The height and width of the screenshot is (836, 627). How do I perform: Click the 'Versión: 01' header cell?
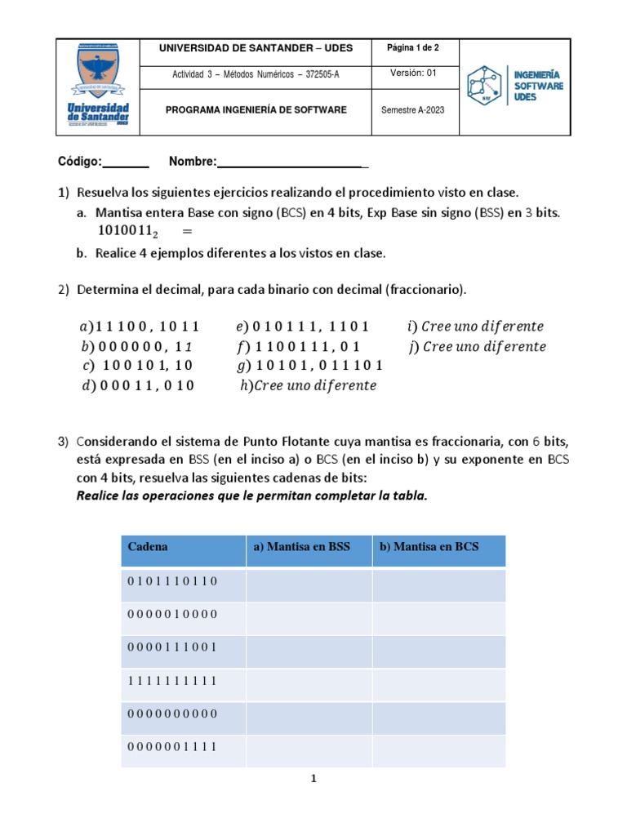413,73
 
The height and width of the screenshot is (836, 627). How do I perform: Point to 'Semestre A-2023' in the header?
413,110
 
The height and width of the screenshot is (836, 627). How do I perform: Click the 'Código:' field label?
78,162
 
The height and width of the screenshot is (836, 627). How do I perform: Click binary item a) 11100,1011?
140,327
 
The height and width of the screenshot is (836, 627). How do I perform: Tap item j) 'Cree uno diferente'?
477,346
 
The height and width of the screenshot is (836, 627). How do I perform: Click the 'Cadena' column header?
148,547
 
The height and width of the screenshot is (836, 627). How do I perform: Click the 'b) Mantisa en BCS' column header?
429,547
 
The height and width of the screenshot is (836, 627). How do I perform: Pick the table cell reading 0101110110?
173,580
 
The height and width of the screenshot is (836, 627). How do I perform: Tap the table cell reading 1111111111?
173,680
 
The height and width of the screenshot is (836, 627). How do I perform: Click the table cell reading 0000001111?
173,746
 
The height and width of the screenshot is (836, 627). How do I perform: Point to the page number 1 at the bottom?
313,779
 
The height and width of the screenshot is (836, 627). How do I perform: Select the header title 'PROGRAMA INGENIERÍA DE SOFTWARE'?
256,110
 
